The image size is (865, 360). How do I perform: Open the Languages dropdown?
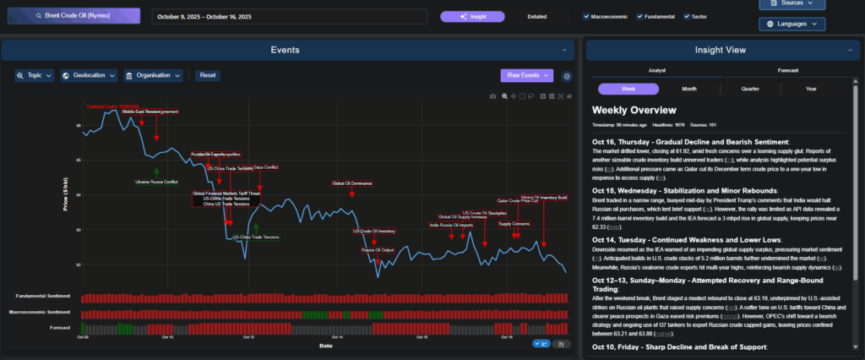[x=791, y=25]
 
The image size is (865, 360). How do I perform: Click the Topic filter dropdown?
[x=35, y=75]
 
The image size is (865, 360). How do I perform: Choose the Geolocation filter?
[x=89, y=75]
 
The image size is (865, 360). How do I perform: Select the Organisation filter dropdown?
[x=154, y=75]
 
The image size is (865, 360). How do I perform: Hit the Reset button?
[x=208, y=75]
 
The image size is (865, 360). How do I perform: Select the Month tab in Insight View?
[x=689, y=89]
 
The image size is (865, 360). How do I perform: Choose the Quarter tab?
[x=750, y=89]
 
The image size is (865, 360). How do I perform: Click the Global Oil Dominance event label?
[x=351, y=183]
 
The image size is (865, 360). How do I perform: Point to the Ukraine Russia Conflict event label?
[x=156, y=181]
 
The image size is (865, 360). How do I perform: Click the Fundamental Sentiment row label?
[x=43, y=296]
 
